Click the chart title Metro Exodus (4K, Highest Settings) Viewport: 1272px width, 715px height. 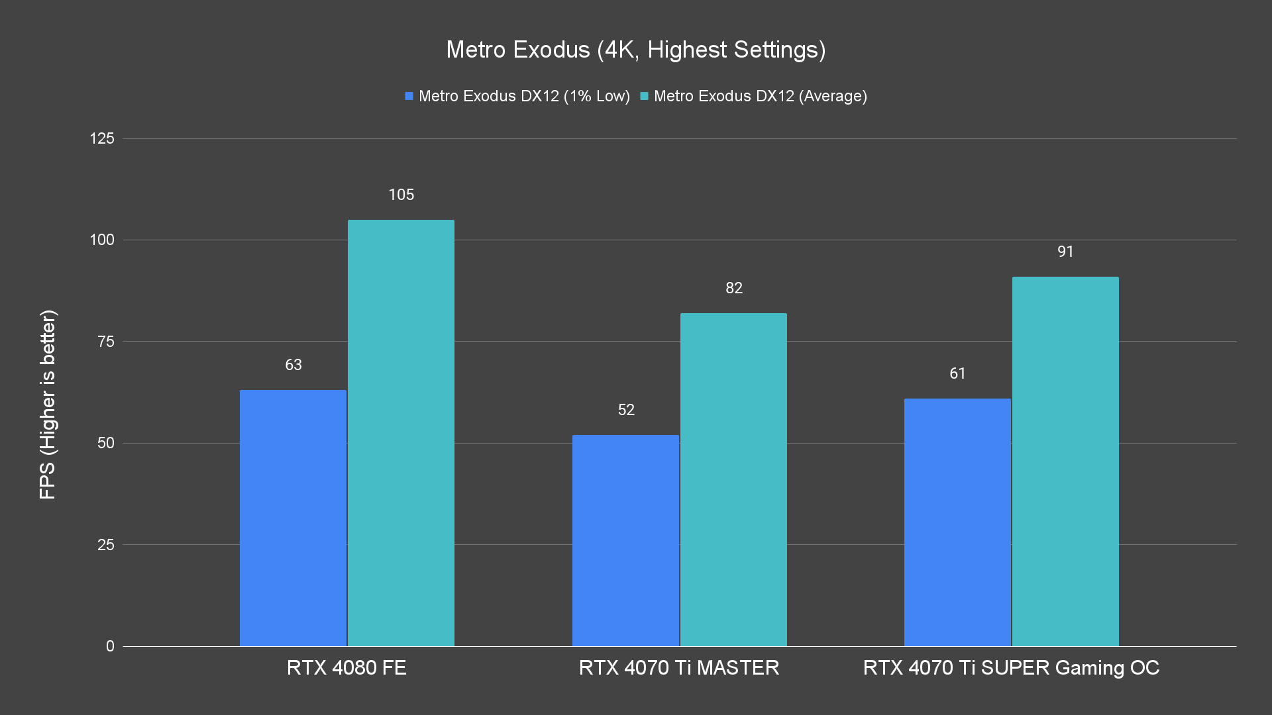click(635, 50)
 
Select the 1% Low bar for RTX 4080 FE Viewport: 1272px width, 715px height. click(293, 518)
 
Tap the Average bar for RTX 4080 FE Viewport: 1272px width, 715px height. click(401, 433)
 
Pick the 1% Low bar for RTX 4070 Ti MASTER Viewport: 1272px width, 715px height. click(625, 540)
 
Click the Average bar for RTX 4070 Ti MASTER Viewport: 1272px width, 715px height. click(733, 479)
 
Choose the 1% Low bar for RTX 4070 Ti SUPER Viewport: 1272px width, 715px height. click(957, 522)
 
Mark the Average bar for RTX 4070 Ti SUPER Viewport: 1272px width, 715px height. click(1065, 461)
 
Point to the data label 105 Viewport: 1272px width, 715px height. click(401, 195)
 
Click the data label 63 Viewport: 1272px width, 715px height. click(293, 365)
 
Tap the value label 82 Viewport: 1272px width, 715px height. click(733, 288)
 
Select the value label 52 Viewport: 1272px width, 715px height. click(625, 410)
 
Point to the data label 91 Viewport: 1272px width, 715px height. click(1065, 252)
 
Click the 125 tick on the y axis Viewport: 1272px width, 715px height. click(102, 138)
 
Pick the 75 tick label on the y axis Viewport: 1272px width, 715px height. click(106, 342)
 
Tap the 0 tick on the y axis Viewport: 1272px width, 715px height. click(110, 646)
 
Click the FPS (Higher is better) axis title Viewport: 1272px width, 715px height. click(48, 405)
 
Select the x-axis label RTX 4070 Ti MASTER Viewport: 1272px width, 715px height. click(679, 667)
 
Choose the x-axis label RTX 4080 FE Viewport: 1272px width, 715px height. click(346, 667)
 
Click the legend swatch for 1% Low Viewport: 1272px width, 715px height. click(409, 97)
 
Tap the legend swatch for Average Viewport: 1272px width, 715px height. click(644, 97)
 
